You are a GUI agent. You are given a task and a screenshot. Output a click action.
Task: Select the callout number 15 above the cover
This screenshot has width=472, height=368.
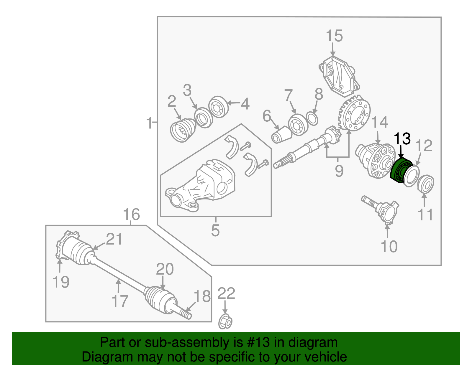334,36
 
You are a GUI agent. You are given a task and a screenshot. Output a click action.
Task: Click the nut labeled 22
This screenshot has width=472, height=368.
225,322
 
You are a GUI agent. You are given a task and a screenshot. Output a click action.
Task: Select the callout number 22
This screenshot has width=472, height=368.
226,293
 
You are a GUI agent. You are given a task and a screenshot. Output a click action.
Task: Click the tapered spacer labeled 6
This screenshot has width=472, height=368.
281,135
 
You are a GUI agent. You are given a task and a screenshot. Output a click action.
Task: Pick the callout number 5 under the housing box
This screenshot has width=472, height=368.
215,230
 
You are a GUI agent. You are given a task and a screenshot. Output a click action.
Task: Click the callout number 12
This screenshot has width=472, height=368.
424,146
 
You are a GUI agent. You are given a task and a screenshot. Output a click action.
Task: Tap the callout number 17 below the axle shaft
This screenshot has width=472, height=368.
120,301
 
